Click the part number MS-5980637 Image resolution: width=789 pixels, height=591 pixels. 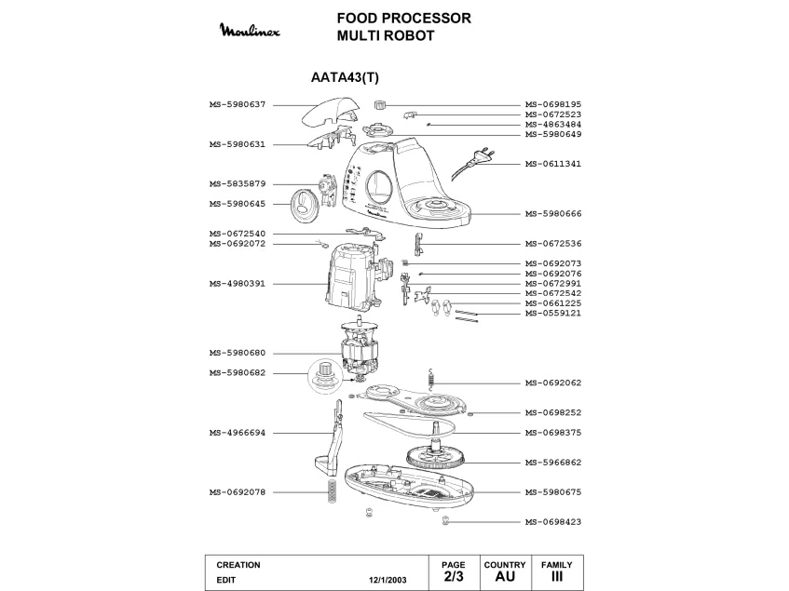point(238,104)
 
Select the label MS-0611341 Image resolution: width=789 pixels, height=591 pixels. point(553,164)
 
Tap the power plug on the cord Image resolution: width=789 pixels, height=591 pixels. point(483,156)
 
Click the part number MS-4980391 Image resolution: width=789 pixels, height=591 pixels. point(238,283)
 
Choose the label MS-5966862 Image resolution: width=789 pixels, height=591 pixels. point(553,462)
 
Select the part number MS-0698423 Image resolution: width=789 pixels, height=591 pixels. point(553,522)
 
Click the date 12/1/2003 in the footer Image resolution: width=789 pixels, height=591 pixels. point(388,579)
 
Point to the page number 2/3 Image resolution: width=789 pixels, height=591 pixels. point(453,577)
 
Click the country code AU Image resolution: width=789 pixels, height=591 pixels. point(504,577)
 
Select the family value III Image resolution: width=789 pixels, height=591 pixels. point(556,577)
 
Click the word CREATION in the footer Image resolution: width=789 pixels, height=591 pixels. point(238,565)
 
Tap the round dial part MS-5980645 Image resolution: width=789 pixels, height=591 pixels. point(306,204)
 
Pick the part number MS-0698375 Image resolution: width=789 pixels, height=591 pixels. point(553,433)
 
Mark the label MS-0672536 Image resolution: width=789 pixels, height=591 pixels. point(553,244)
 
